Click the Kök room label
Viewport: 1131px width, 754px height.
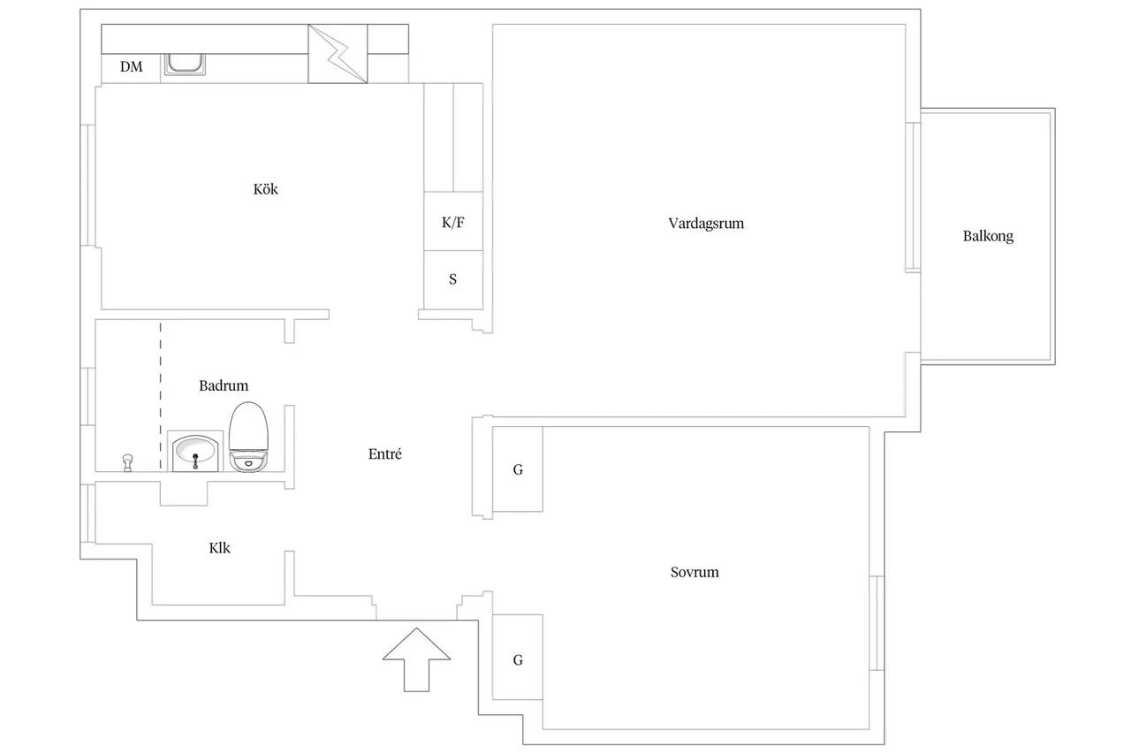coord(266,189)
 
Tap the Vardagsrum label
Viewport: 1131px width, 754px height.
coord(706,224)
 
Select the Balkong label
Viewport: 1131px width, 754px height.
coord(988,236)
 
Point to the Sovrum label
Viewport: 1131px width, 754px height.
coord(695,572)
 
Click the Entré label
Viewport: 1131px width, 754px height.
coord(385,454)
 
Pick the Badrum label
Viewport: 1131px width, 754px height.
coord(224,385)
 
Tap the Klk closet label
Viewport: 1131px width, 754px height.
coord(220,548)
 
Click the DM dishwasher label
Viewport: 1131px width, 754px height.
coord(132,66)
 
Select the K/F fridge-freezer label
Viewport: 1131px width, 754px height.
coord(453,223)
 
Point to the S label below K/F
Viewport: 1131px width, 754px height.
coord(453,279)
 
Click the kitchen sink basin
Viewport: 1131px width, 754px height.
coord(186,65)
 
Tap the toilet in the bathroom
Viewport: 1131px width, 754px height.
coord(248,437)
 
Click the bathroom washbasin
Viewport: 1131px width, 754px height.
coord(195,453)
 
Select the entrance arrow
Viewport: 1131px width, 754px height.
coord(416,659)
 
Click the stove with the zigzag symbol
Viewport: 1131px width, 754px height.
coord(338,54)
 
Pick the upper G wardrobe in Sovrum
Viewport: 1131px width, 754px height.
coord(518,469)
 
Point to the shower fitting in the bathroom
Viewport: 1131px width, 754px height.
coord(128,462)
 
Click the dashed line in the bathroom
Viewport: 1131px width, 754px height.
coord(161,396)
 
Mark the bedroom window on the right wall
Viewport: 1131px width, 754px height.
coord(877,622)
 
